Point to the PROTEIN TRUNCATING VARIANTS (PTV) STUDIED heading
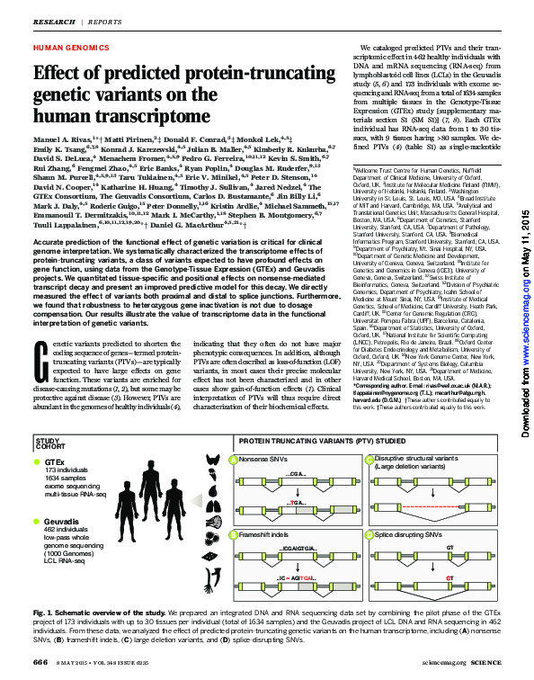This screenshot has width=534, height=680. pos(320,442)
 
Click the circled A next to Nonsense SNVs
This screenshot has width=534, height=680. pos(236,460)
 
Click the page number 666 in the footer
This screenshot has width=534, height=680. pos(40,662)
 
